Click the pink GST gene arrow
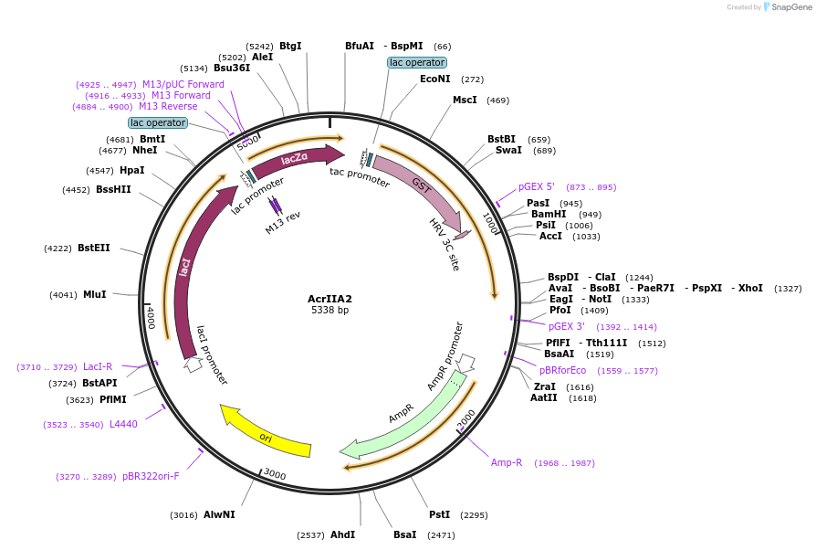[420, 186]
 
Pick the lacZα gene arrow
[294, 160]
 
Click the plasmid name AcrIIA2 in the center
[330, 299]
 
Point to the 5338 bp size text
[330, 311]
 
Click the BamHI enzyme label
[549, 215]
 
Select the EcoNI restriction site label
[435, 79]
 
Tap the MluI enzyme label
[94, 294]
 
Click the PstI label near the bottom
[440, 515]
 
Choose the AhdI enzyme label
[342, 534]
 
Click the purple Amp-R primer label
[507, 462]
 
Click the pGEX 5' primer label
[537, 186]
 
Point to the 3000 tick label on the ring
[275, 474]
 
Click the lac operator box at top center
[417, 62]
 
